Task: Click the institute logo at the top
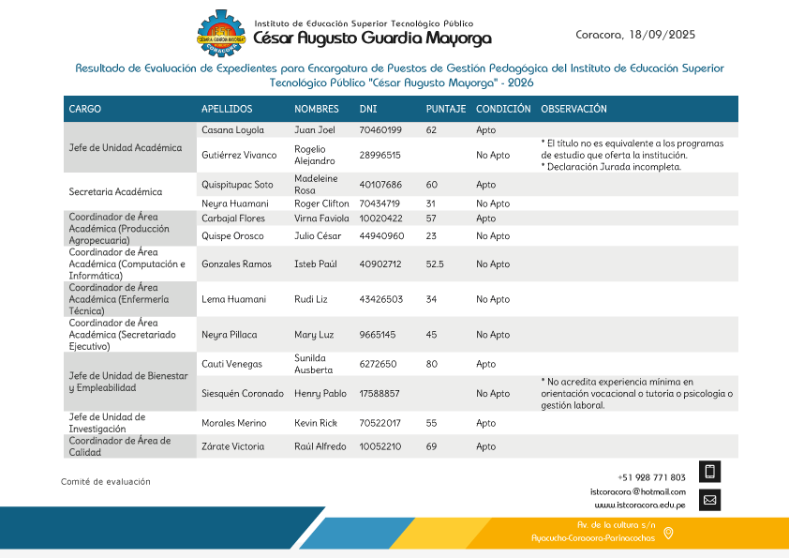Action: pos(224,36)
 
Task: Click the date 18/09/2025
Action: pos(662,35)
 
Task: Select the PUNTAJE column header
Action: pos(445,109)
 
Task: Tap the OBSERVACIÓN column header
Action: pos(573,109)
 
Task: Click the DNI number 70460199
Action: pos(380,130)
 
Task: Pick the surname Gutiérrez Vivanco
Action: pos(239,155)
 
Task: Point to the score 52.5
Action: pos(435,264)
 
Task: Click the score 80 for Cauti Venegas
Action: pos(432,364)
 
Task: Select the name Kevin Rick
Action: pos(315,423)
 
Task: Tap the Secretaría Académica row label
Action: pos(115,192)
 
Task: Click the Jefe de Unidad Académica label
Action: pos(126,147)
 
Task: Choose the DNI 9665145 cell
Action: pos(378,335)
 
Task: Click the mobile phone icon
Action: pos(709,472)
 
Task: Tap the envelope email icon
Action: pos(709,500)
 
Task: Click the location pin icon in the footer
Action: pos(668,533)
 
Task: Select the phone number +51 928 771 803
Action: pos(651,477)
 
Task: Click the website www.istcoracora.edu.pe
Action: pos(640,505)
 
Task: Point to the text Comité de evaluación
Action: pos(106,481)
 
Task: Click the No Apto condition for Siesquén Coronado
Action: pos(493,393)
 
